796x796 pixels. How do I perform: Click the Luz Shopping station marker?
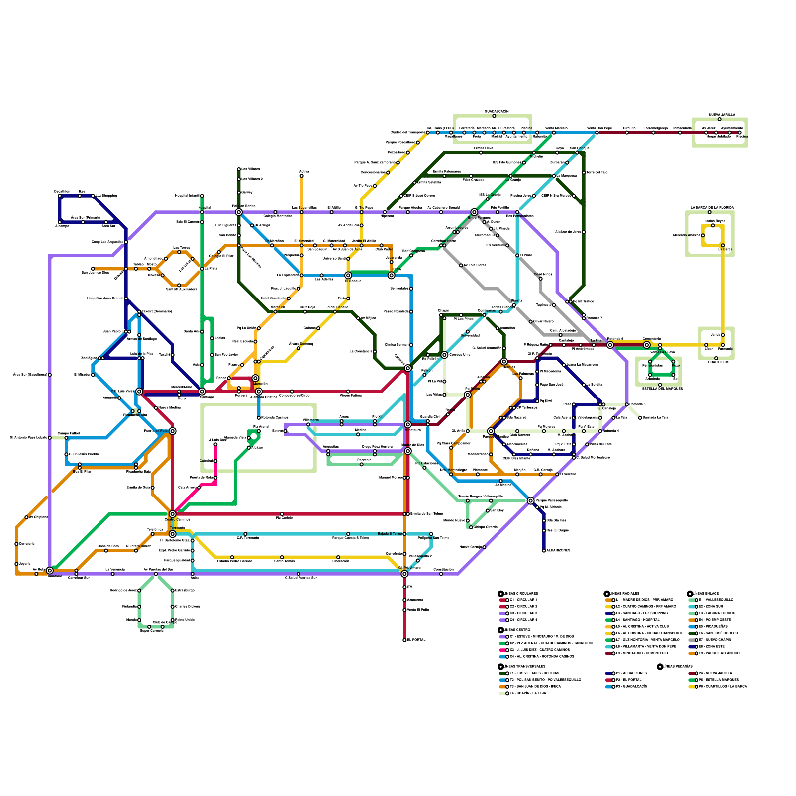point(93,196)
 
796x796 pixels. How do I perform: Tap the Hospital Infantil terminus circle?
point(202,196)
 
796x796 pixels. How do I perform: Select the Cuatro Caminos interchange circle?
point(172,514)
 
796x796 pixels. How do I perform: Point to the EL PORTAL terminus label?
point(416,640)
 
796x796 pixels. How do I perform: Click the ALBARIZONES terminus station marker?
point(544,550)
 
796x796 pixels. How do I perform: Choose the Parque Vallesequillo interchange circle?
point(530,500)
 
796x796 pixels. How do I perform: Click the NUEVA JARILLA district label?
point(722,115)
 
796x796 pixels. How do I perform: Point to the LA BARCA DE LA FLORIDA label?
point(712,207)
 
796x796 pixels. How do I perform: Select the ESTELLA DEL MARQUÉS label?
point(662,389)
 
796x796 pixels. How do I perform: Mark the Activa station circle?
point(301,176)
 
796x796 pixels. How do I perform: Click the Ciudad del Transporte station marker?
point(428,132)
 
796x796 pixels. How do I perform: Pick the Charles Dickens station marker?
point(173,607)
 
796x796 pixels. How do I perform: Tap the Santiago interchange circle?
point(202,392)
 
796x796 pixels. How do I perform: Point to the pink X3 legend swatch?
point(502,650)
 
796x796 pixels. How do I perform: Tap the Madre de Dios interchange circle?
point(408,451)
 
